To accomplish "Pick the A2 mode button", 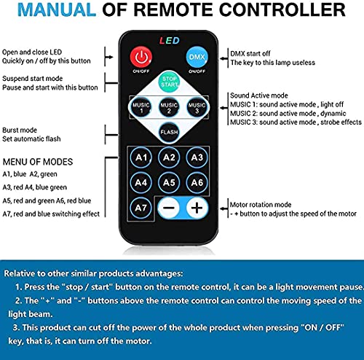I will tap(169, 157).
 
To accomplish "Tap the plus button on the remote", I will tap(196, 208).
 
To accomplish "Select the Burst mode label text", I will tap(20, 130).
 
